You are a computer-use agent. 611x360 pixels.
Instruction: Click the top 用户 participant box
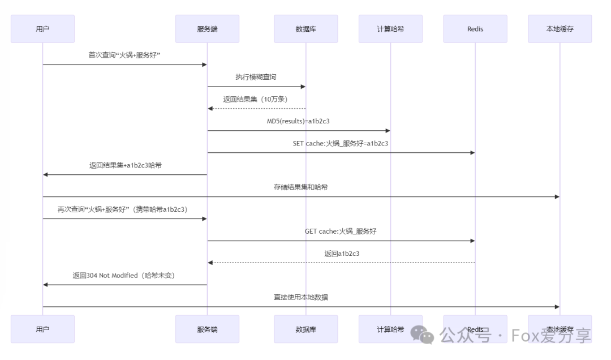pos(42,29)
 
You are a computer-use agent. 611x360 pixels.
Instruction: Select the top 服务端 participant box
pos(207,29)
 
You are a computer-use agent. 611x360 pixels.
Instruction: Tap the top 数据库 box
pos(305,29)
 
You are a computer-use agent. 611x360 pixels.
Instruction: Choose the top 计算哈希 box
pos(390,29)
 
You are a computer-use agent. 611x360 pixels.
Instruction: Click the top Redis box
pos(475,29)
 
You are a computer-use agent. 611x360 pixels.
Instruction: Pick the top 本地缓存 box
pos(560,29)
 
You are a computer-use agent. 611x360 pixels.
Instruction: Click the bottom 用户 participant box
pos(42,329)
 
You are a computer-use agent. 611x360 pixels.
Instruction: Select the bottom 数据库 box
pos(305,329)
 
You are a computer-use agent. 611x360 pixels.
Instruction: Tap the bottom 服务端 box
pos(207,329)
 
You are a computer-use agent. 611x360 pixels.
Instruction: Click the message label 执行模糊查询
pos(256,77)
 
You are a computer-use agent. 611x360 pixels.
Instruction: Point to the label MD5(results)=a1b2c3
pos(299,121)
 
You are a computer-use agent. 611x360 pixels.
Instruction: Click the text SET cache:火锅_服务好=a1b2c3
pos(341,143)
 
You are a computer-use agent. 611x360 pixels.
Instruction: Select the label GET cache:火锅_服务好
pos(341,232)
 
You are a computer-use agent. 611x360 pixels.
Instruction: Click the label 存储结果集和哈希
pos(300,187)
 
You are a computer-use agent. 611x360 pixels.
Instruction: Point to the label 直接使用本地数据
pos(300,297)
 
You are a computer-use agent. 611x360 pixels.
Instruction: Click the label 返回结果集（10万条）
pos(255,99)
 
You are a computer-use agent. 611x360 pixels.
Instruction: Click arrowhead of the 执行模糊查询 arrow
pos(303,87)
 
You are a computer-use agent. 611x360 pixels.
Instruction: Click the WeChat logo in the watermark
pos(423,335)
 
